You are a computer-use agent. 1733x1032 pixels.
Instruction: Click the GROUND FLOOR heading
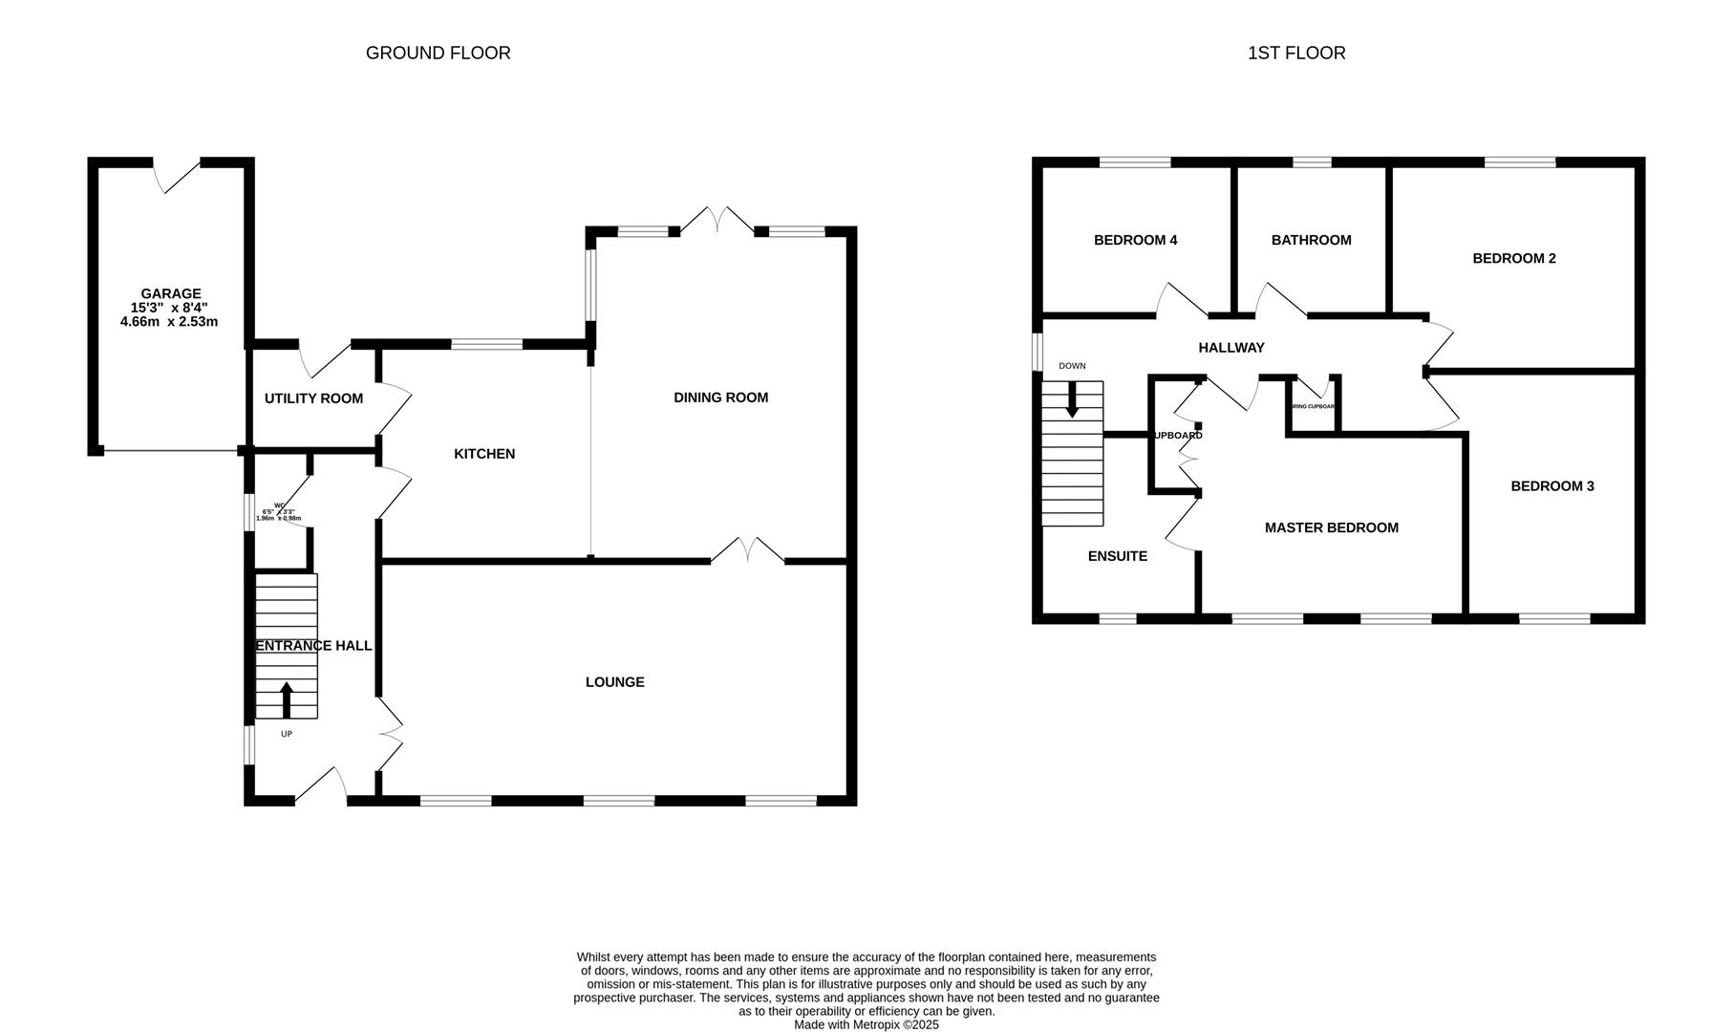(x=438, y=54)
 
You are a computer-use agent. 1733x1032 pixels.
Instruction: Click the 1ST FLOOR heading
(x=1296, y=54)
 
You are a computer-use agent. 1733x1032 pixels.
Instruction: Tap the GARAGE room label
(x=171, y=293)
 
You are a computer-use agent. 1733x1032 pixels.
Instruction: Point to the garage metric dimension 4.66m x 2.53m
(x=169, y=322)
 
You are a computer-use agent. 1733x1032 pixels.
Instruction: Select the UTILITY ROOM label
(x=313, y=398)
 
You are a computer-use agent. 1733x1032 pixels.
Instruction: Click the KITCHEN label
(x=484, y=454)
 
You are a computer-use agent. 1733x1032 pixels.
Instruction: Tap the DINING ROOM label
(x=720, y=398)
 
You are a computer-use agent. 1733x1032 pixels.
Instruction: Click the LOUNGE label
(x=614, y=682)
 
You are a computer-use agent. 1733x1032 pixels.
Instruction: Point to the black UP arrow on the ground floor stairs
(x=287, y=699)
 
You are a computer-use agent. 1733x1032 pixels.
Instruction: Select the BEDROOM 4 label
(x=1135, y=240)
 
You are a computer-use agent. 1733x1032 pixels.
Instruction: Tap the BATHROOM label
(x=1311, y=240)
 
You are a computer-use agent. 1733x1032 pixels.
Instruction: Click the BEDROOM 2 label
(x=1514, y=258)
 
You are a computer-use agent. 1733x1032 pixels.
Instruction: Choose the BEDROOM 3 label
(x=1552, y=486)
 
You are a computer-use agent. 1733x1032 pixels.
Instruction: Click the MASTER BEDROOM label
(x=1331, y=527)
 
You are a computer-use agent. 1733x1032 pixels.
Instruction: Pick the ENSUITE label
(x=1117, y=556)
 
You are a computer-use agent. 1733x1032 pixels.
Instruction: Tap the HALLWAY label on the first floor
(x=1231, y=348)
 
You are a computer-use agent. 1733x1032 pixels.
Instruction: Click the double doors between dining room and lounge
(x=748, y=552)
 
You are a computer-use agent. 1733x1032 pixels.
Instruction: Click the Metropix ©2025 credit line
(x=866, y=1024)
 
